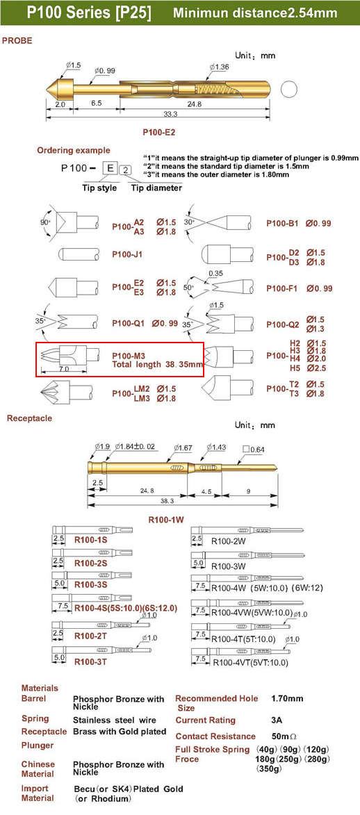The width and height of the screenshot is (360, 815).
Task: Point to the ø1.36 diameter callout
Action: pos(220,67)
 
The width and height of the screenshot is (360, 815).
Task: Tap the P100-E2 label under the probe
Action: pos(159,133)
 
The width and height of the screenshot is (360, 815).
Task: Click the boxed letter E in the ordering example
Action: pos(110,168)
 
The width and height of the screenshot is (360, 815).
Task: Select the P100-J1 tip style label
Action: pos(127,255)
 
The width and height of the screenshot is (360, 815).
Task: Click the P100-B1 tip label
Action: pos(282,224)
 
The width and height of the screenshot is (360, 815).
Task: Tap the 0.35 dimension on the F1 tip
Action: pos(214,273)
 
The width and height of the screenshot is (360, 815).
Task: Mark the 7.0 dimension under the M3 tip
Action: pos(65,368)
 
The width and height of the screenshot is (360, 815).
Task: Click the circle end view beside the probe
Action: pos(288,90)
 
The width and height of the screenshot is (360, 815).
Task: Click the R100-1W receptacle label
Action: pos(167,518)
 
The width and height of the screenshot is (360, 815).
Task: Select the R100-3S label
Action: pos(91,584)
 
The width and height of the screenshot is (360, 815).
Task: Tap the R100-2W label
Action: pos(227,541)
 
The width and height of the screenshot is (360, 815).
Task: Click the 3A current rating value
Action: pos(276,721)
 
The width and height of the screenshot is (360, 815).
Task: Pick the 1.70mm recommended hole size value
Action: pos(287,698)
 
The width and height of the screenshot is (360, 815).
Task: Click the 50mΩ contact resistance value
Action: pos(284,736)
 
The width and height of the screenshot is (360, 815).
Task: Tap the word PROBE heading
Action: pos(17,40)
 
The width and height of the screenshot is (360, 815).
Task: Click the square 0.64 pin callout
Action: pos(254,448)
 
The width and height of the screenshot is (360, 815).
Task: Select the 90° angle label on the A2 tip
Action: pos(46,222)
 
